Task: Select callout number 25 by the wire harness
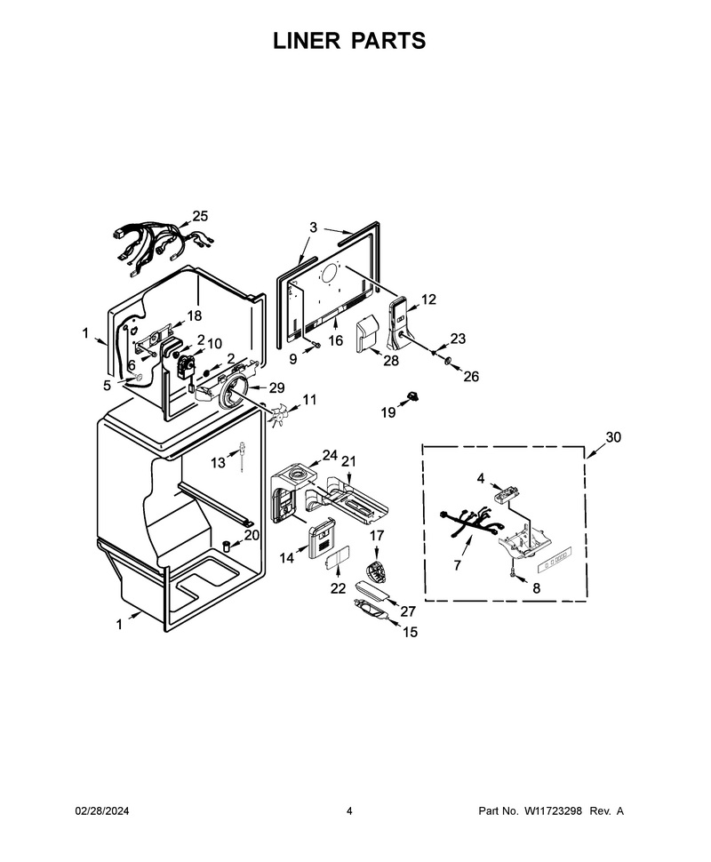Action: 200,216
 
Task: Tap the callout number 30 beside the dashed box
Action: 613,437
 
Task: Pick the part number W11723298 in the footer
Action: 553,810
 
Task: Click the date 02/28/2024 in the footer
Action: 101,810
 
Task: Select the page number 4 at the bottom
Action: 349,810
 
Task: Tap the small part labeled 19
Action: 411,395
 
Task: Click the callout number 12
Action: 428,299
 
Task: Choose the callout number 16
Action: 335,341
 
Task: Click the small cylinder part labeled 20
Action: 226,544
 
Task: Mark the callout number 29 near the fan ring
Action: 276,387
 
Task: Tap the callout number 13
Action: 219,463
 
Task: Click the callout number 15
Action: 411,632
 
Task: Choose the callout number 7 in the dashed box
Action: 458,565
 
